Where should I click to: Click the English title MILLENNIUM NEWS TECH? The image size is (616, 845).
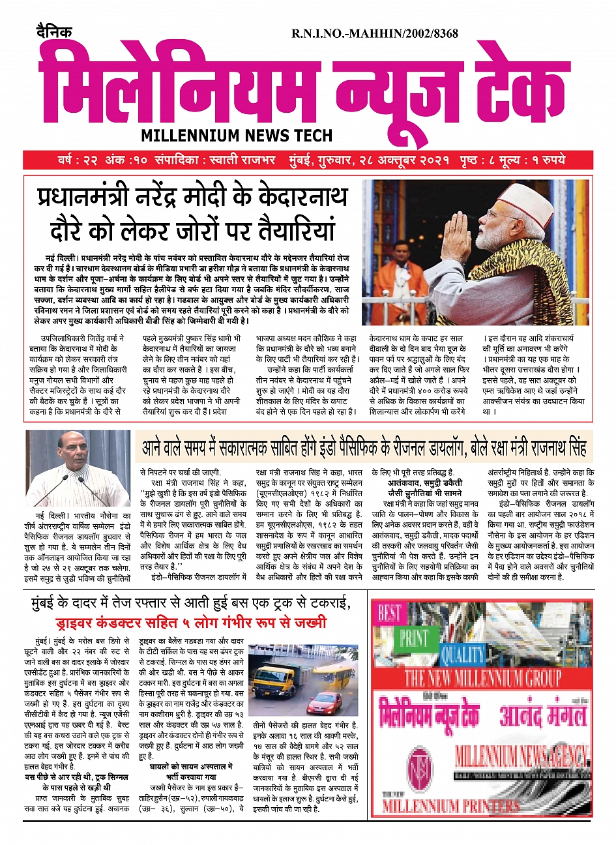(x=237, y=136)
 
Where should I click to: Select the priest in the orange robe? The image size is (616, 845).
(x=400, y=277)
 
